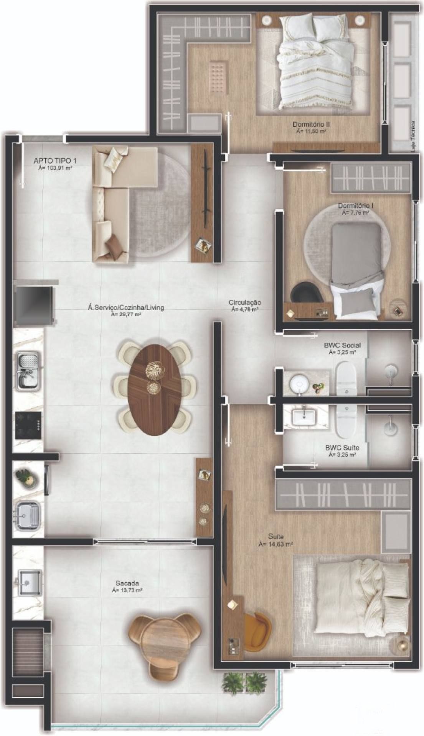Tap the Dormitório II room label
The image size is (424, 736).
[x=311, y=124]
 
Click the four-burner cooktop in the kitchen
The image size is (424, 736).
[x=28, y=425]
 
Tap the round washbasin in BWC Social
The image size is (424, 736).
[x=298, y=383]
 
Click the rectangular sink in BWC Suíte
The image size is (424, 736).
[x=304, y=416]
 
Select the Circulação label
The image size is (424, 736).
[x=245, y=302]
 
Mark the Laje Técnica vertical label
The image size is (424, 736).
[x=413, y=137]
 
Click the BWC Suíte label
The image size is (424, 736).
[x=342, y=447]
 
